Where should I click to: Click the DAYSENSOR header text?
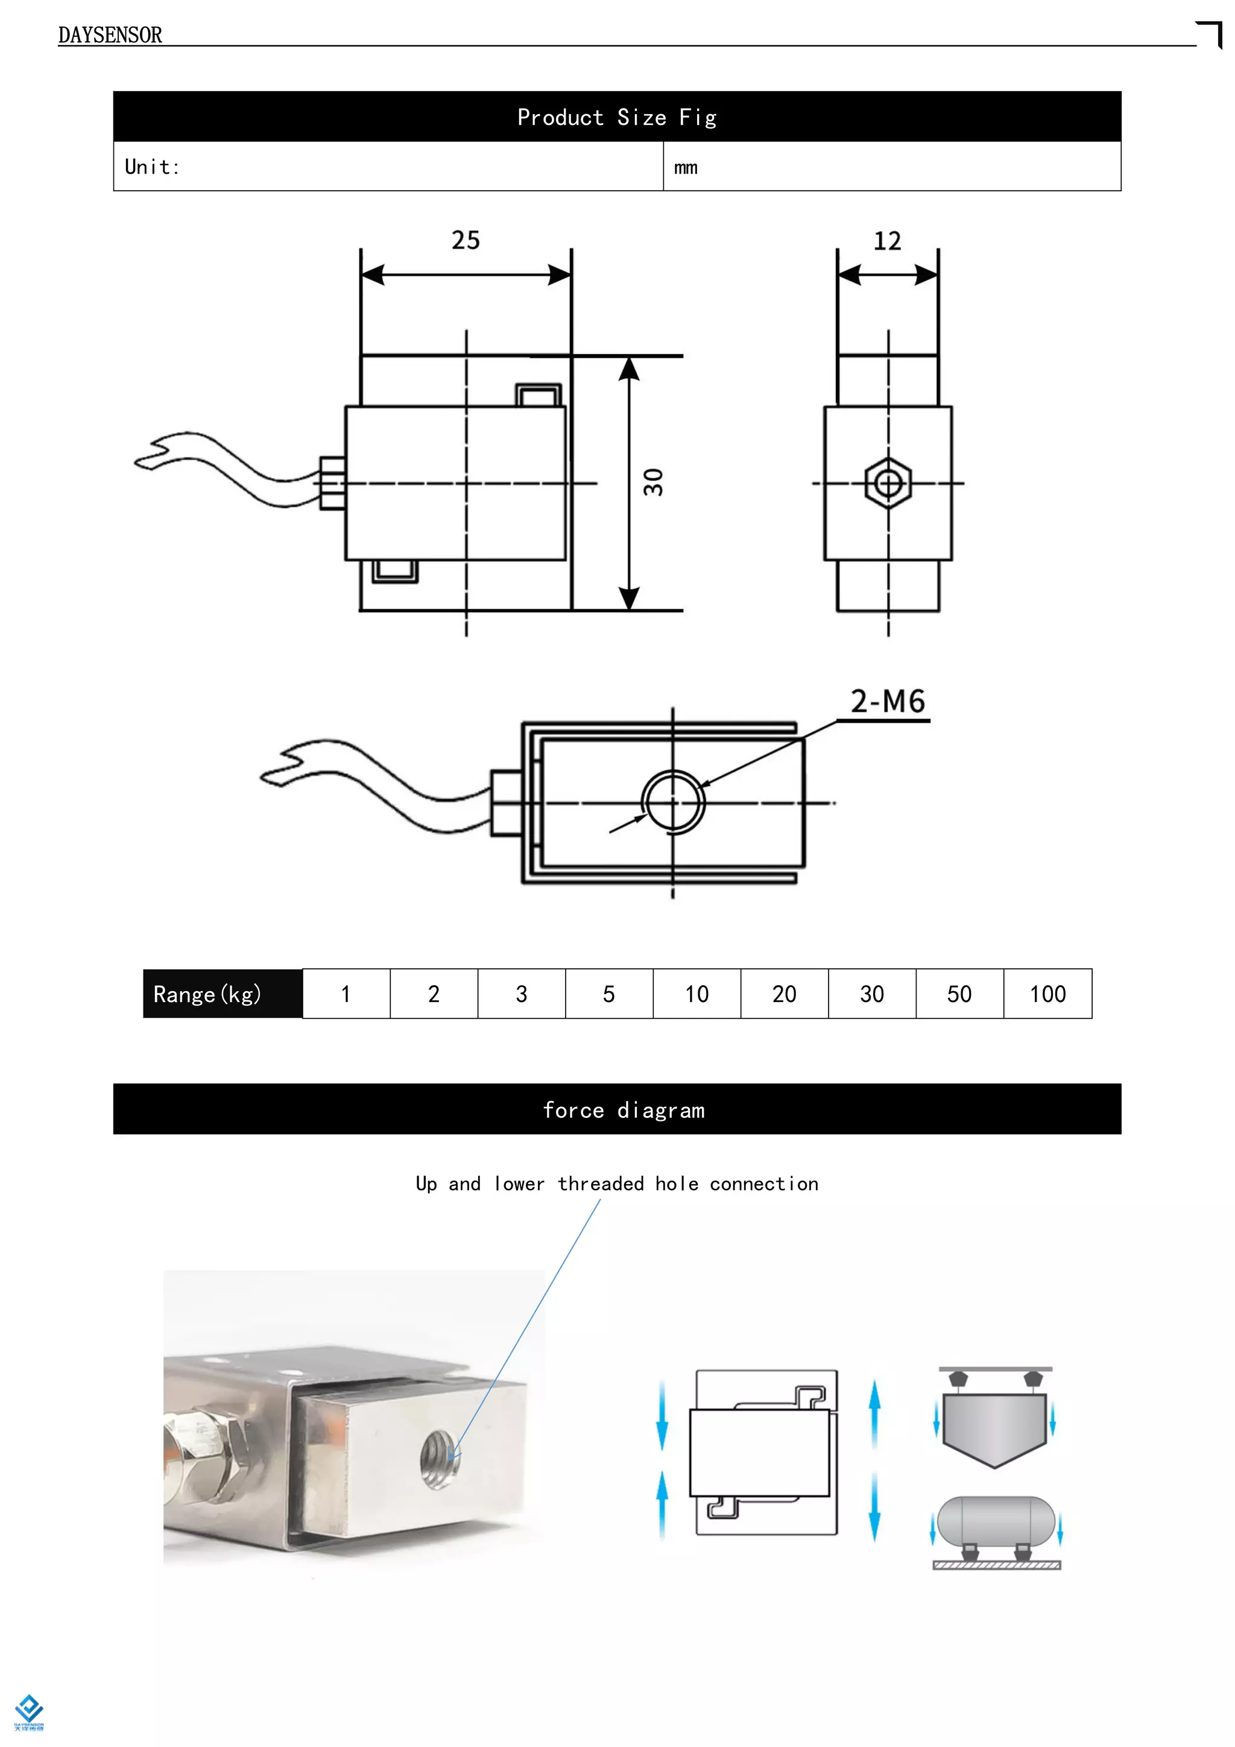[110, 35]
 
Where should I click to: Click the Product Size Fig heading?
[617, 117]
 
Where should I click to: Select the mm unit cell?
[686, 167]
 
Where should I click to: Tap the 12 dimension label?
[886, 241]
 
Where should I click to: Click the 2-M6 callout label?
[888, 702]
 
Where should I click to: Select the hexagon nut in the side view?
[888, 483]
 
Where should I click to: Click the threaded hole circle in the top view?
[673, 802]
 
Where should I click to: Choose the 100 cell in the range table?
[1047, 994]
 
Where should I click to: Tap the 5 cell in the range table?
[608, 994]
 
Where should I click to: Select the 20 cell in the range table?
[784, 994]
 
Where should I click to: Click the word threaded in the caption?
[600, 1184]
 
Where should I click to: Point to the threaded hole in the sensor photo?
[440, 1459]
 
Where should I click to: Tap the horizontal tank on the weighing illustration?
[996, 1522]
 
